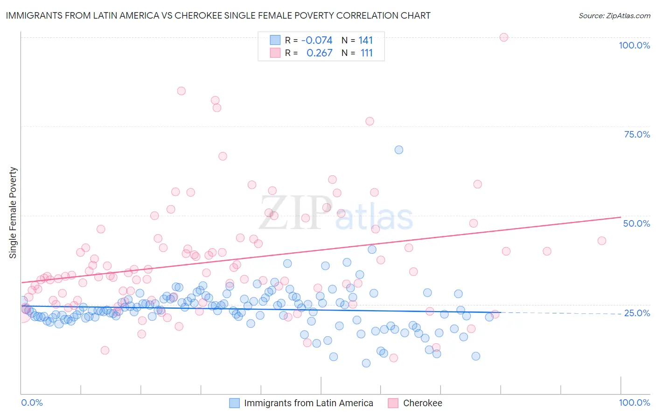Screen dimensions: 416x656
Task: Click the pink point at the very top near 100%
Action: click(x=503, y=37)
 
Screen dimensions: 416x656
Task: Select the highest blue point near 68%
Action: click(x=398, y=150)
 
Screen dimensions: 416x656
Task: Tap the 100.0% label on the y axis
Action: click(x=634, y=45)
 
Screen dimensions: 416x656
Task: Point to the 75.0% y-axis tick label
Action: click(x=637, y=134)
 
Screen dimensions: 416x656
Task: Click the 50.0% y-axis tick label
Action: click(x=636, y=223)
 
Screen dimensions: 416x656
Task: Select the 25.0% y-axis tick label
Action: click(x=637, y=313)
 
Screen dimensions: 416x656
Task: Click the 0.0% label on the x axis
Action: click(x=32, y=402)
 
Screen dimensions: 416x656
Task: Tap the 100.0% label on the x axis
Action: click(x=634, y=402)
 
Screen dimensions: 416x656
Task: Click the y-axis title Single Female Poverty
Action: click(x=13, y=213)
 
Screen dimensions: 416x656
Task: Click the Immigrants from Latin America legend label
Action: click(x=308, y=403)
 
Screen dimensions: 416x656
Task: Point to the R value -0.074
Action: click(x=317, y=41)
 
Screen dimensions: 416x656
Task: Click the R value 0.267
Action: click(x=319, y=53)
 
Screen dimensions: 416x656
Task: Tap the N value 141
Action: click(x=366, y=41)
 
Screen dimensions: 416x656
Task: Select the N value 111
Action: click(x=367, y=53)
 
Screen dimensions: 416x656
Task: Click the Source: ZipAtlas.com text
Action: click(x=614, y=15)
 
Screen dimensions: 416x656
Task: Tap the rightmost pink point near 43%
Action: click(x=601, y=241)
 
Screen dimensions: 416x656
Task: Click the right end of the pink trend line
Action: click(x=620, y=217)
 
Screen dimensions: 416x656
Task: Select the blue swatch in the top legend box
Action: click(x=275, y=41)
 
